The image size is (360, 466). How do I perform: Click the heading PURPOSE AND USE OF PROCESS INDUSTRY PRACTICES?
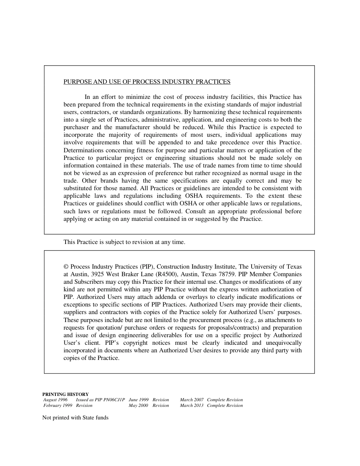click(x=147, y=82)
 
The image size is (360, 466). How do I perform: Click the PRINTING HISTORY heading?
click(x=66, y=394)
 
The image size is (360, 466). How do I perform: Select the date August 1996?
click(x=55, y=400)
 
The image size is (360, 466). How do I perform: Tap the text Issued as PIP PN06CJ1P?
click(x=100, y=400)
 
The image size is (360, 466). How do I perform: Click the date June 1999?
click(x=139, y=400)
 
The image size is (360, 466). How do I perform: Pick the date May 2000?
click(x=138, y=405)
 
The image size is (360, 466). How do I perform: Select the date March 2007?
click(x=192, y=400)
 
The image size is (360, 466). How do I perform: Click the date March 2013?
click(x=192, y=405)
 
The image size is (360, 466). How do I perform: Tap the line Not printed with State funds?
click(x=75, y=418)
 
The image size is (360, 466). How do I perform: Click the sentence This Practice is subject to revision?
click(x=124, y=242)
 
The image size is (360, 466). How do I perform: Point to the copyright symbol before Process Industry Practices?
click(x=66, y=267)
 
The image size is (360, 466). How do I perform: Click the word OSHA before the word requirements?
click(x=194, y=196)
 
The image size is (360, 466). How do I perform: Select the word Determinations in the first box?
click(x=83, y=150)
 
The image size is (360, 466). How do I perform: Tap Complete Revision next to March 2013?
click(x=225, y=405)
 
